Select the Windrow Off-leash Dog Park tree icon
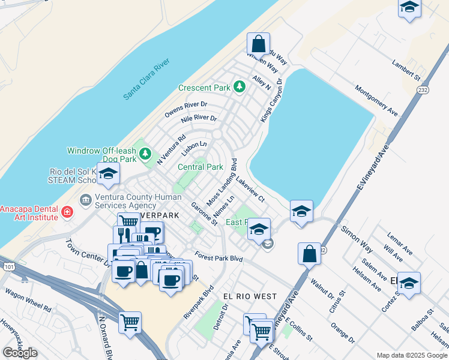pyautogui.click(x=145, y=154)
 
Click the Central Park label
pyautogui.click(x=200, y=167)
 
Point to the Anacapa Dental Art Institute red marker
pyautogui.click(x=67, y=211)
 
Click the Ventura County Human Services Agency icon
pyautogui.click(x=85, y=199)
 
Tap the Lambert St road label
pyautogui.click(x=406, y=69)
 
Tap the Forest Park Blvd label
pyautogui.click(x=218, y=257)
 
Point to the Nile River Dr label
pyautogui.click(x=199, y=119)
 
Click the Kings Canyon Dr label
pyautogui.click(x=271, y=100)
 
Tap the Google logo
pyautogui.click(x=20, y=352)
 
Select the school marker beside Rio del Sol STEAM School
pyautogui.click(x=109, y=174)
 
